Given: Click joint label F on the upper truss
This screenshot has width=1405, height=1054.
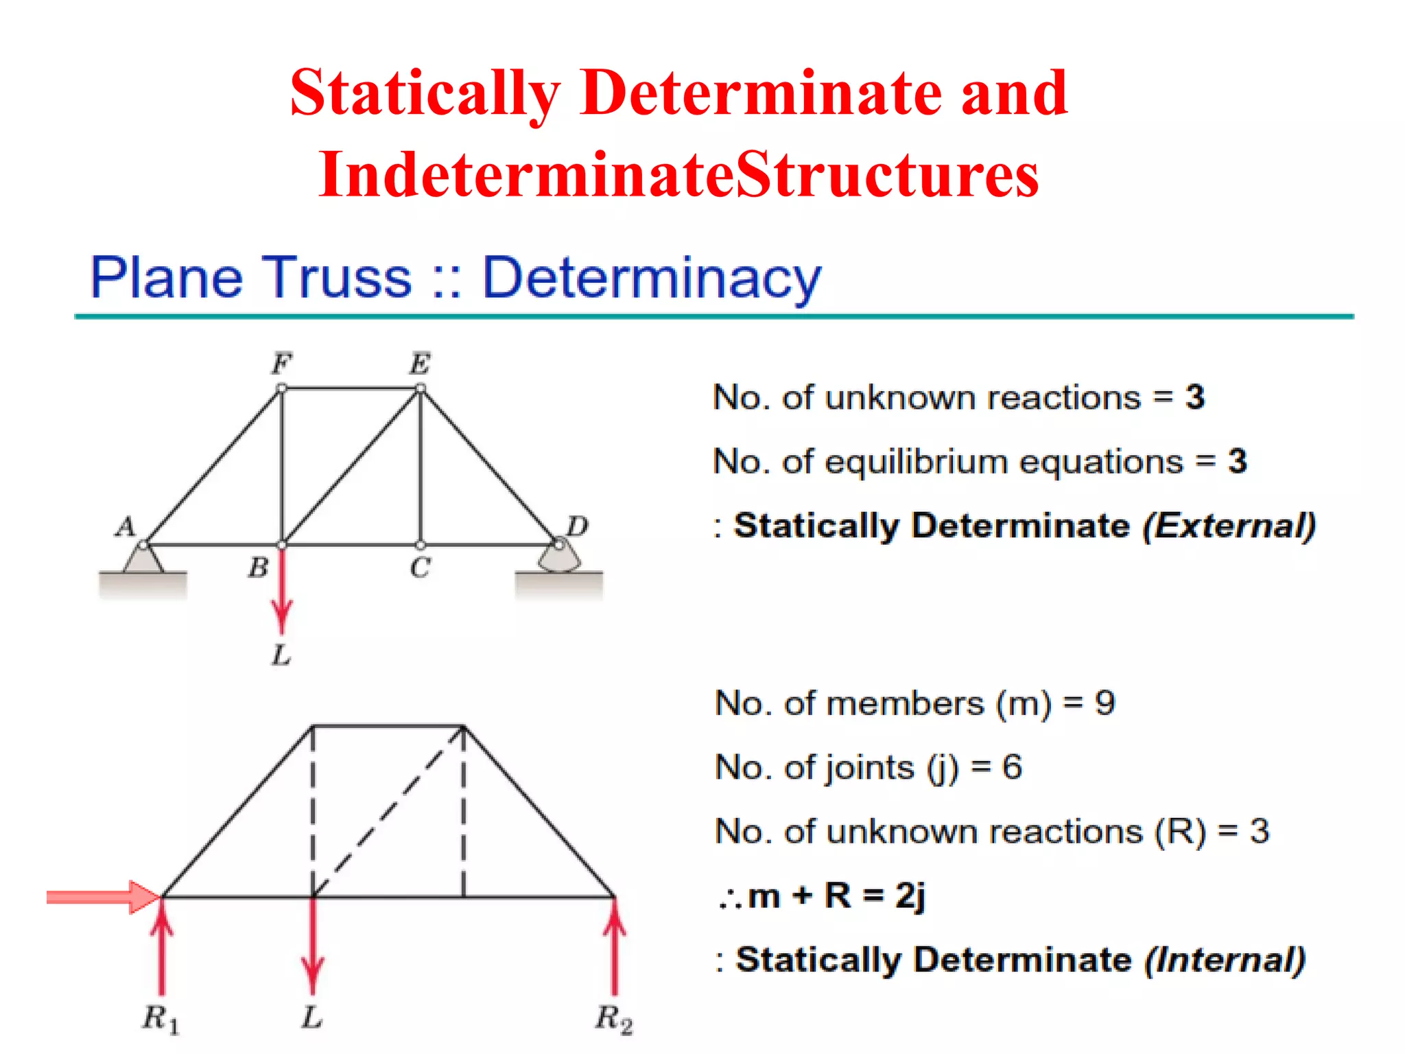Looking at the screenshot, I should (x=282, y=363).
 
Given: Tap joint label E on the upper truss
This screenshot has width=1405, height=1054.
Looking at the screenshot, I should (x=420, y=363).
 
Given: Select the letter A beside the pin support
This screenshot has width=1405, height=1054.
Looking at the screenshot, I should (x=126, y=527).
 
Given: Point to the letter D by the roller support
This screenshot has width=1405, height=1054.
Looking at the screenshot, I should (x=577, y=526).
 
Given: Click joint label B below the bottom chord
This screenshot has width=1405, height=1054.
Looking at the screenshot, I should (x=258, y=567).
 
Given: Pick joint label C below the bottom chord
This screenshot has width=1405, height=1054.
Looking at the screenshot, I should (x=420, y=567).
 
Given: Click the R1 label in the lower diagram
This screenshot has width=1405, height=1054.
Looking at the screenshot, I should (x=161, y=1018).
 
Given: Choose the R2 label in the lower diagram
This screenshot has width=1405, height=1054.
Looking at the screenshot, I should (x=613, y=1018).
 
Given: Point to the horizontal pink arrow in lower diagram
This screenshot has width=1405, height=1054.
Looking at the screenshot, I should (x=103, y=897).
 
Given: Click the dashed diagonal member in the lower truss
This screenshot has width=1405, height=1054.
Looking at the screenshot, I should (x=388, y=811).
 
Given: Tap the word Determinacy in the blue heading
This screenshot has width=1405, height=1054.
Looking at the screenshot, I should (x=651, y=278).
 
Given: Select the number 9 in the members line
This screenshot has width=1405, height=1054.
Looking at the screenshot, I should (x=1105, y=703).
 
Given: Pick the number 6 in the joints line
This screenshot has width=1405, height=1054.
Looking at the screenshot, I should (x=1012, y=767).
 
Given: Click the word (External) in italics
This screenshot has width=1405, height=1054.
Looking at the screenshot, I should (x=1229, y=526).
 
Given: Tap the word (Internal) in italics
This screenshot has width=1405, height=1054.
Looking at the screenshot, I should (x=1225, y=959).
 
